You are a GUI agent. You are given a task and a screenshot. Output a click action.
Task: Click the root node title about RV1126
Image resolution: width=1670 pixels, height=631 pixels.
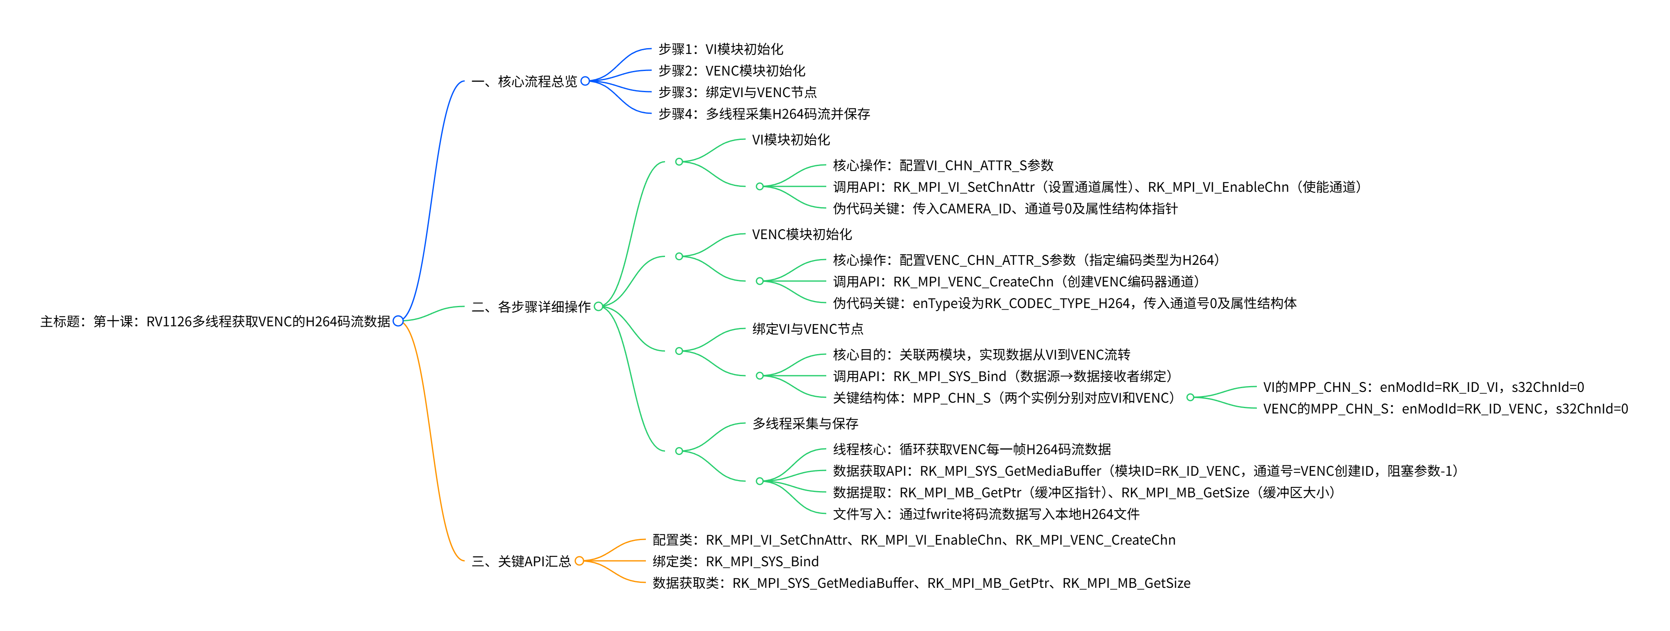(215, 321)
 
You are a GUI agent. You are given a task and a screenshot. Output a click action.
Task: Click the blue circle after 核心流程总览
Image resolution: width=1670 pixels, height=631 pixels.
(585, 81)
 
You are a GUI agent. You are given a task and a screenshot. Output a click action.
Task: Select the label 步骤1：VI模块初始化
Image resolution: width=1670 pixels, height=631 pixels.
(720, 49)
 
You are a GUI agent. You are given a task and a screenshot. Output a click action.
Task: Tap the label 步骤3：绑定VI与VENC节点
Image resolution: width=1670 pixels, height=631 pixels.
(737, 92)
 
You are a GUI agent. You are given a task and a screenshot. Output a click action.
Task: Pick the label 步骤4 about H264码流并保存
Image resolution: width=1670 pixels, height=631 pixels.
(764, 114)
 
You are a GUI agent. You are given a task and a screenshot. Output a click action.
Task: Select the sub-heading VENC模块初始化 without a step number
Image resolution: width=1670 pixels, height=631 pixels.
(801, 235)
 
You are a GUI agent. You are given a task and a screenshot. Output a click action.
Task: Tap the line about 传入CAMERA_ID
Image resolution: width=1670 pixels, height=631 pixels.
(1005, 209)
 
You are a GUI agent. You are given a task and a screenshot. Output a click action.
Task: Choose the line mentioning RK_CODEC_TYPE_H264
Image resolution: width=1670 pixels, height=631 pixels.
(1064, 303)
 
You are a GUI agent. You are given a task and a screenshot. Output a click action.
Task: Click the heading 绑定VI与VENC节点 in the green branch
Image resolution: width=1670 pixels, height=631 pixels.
(807, 329)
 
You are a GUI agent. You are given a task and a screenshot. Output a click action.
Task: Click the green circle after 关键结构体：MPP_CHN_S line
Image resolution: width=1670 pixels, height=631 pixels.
(1190, 397)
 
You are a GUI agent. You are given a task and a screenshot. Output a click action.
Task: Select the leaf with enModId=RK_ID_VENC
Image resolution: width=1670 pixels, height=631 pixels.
(1445, 409)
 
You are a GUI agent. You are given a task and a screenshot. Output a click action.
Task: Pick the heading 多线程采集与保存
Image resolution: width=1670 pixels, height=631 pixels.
(805, 424)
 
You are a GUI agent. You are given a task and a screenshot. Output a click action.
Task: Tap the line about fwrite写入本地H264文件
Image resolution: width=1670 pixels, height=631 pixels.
(985, 514)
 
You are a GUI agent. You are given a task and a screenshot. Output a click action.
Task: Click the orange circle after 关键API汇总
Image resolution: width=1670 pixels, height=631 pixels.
(579, 561)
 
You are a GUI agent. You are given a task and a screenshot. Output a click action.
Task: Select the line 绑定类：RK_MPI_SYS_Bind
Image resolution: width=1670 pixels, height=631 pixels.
(735, 562)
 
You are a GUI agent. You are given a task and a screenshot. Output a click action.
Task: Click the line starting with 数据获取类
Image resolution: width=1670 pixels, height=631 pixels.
(921, 583)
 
